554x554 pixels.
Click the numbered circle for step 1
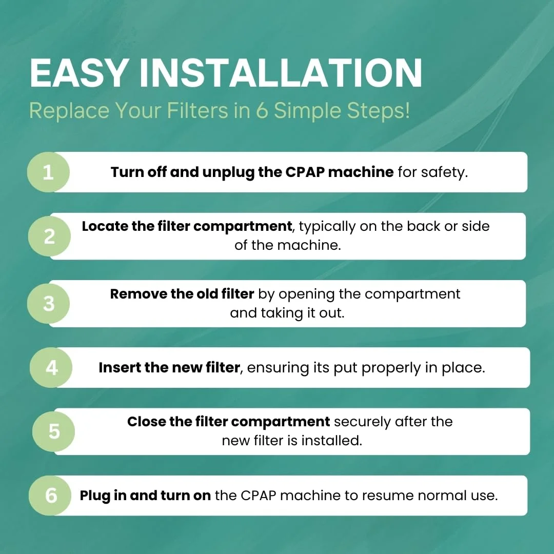(48, 172)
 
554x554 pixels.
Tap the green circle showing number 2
(49, 236)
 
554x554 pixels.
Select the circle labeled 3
(49, 304)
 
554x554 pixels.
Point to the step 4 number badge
(51, 367)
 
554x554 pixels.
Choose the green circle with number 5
(54, 431)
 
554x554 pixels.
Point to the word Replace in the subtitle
(69, 111)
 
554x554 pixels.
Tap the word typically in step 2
(327, 227)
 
